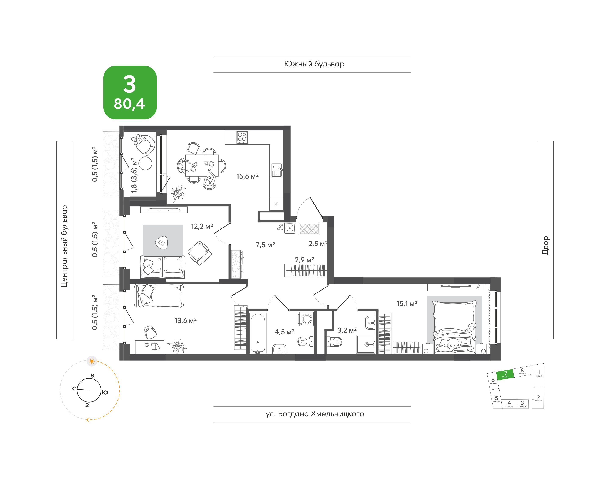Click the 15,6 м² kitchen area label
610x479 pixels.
tap(247, 176)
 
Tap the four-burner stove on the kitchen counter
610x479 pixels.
tap(242, 137)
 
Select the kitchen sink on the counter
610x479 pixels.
tap(276, 170)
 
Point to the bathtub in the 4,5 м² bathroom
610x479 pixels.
tap(258, 334)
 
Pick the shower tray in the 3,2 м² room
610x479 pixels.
tap(366, 344)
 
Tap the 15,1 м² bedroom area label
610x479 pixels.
tap(407, 303)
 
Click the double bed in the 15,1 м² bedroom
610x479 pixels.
tap(454, 327)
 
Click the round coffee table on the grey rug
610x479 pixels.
tap(161, 243)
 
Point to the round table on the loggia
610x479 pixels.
tap(145, 163)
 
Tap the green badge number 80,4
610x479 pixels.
tap(129, 104)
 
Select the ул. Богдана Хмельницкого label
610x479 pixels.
tap(315, 414)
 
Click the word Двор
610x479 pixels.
tap(545, 245)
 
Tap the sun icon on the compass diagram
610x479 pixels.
tap(92, 361)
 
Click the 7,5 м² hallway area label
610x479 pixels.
tap(265, 245)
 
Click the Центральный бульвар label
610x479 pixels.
tap(65, 246)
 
